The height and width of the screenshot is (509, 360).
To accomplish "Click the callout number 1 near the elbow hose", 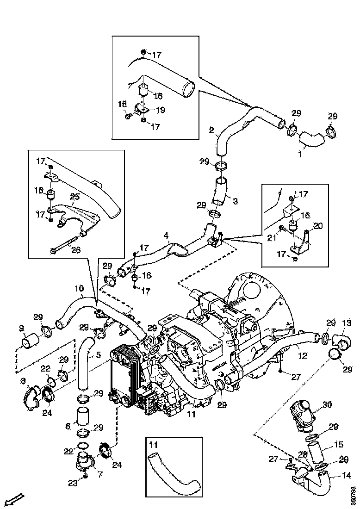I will [x=300, y=155].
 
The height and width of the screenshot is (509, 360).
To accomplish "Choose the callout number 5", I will [x=98, y=356].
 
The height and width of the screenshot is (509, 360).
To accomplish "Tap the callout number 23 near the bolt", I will [x=72, y=483].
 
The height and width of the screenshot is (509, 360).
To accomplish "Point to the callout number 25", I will [x=76, y=197].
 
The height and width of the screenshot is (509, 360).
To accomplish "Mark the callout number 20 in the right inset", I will [x=318, y=226].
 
